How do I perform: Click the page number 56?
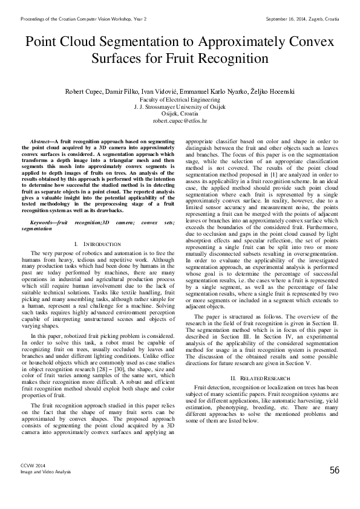pos(335,470)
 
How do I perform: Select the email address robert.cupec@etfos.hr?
pos(180,121)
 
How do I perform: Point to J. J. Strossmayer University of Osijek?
pos(180,106)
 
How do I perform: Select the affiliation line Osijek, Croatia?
pos(180,113)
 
